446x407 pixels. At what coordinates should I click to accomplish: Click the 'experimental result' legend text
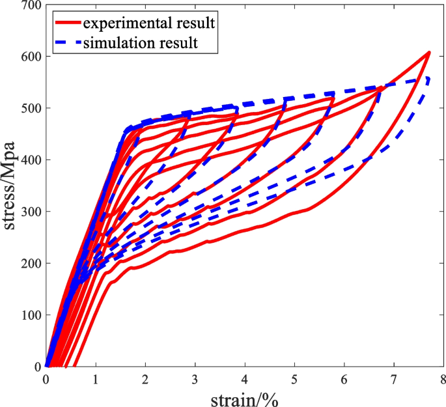tap(149, 24)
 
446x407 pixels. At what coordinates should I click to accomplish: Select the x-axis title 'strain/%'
tap(244, 399)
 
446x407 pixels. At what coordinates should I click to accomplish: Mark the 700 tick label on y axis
tap(30, 5)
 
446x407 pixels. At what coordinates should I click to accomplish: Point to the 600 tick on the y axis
tap(30, 57)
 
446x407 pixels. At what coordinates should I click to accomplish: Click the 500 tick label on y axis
tap(30, 108)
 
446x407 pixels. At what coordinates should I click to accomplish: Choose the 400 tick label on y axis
tap(30, 160)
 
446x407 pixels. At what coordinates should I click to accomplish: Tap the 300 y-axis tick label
tap(30, 212)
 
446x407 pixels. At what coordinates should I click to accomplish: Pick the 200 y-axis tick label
tap(30, 263)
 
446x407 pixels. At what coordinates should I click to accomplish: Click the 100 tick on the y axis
tap(30, 315)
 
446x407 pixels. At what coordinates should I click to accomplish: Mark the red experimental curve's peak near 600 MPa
tap(429, 52)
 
